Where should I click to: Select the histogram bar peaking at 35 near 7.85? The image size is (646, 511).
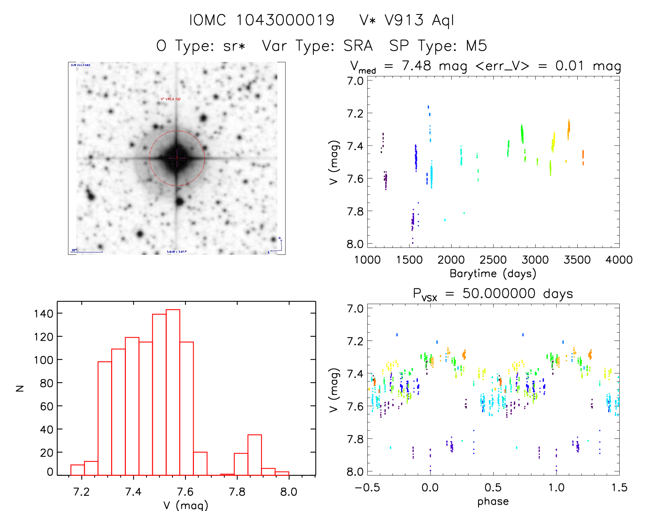click(254, 455)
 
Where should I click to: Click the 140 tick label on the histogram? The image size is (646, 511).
click(44, 314)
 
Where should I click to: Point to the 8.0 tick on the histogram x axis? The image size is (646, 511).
click(289, 492)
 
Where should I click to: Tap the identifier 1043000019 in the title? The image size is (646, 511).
click(286, 20)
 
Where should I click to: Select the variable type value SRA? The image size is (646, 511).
click(358, 45)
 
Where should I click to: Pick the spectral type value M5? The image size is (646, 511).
click(476, 45)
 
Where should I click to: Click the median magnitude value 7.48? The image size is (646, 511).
click(417, 66)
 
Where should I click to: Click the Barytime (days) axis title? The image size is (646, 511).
click(493, 274)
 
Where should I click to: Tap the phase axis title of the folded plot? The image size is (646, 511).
click(493, 501)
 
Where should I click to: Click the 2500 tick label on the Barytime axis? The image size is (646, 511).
click(493, 260)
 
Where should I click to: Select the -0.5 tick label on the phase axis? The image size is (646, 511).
click(367, 487)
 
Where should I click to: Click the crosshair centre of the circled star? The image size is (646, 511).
click(177, 158)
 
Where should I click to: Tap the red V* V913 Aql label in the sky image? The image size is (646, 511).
click(171, 99)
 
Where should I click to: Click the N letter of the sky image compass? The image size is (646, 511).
click(279, 238)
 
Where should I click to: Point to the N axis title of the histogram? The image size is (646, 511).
click(20, 388)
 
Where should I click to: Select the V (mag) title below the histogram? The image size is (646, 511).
click(186, 505)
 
